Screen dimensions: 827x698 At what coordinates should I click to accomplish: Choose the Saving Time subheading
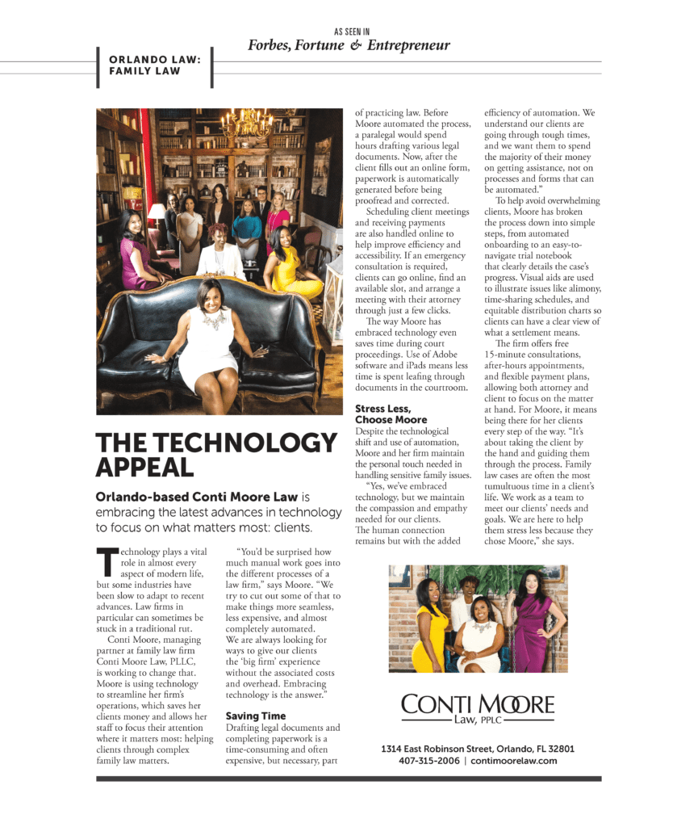[255, 716]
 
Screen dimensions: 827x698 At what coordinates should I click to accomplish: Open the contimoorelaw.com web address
[514, 761]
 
